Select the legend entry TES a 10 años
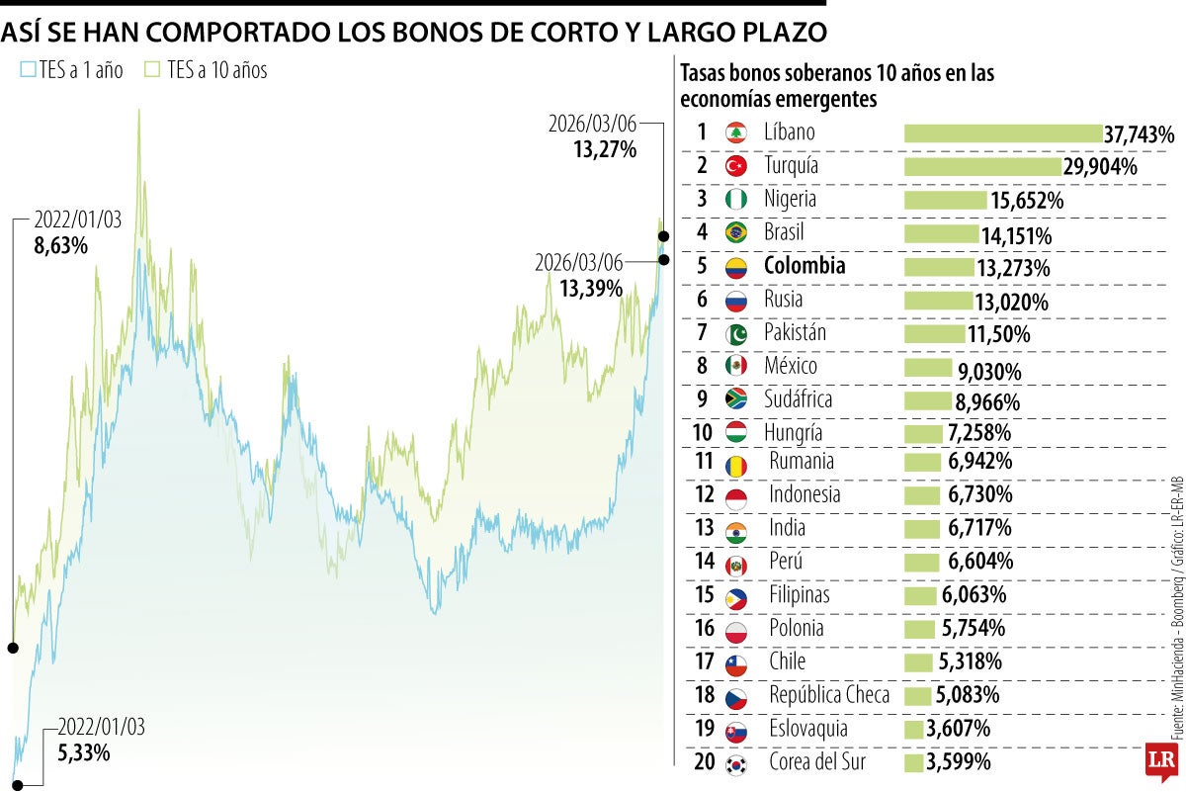tap(206, 70)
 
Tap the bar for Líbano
tap(1002, 133)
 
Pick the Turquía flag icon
tap(734, 166)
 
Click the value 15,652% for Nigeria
tap(1026, 201)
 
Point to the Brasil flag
tap(734, 233)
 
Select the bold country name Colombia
tap(805, 266)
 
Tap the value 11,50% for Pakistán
tap(998, 334)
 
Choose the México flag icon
tap(734, 367)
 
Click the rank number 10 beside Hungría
tap(701, 433)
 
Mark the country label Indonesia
tap(805, 494)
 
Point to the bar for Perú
tap(922, 562)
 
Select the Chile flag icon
tap(734, 662)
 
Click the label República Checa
tap(829, 695)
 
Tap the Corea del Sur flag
tap(734, 763)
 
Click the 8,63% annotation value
tap(61, 245)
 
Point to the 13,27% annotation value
tap(605, 149)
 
